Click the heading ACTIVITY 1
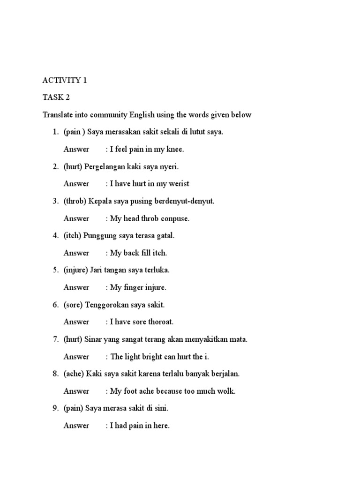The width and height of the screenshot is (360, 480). [65, 80]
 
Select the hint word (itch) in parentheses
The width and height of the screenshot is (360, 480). [73, 236]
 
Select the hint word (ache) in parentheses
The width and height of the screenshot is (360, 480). [74, 374]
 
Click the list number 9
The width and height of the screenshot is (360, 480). [54, 408]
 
